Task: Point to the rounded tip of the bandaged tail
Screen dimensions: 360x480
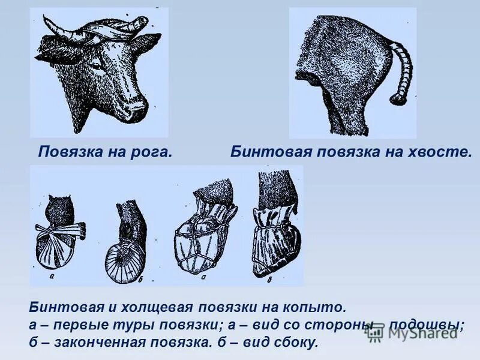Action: tap(397, 98)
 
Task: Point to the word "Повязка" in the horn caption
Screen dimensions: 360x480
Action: tap(67, 152)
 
